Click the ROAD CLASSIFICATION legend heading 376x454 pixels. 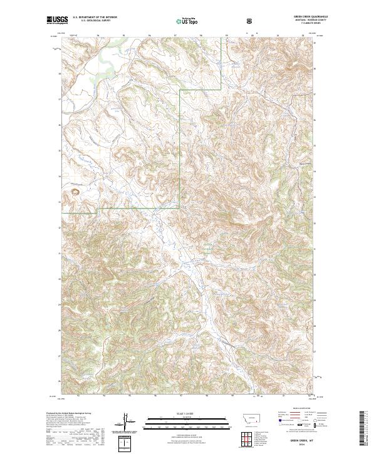(x=299, y=413)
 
